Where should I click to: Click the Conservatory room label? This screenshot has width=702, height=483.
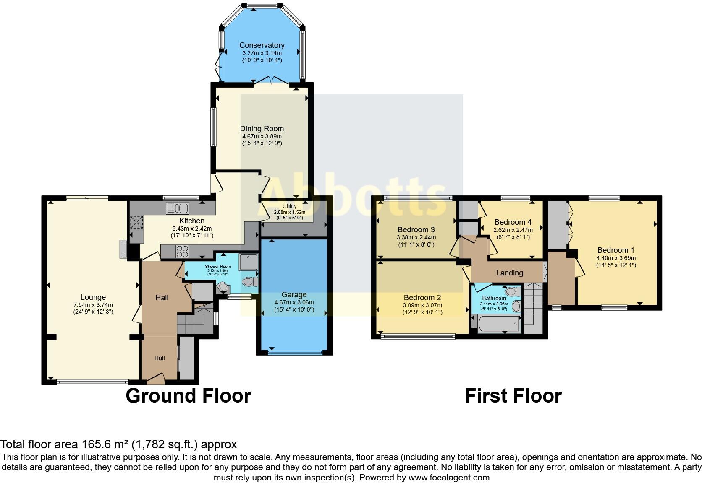click(262, 45)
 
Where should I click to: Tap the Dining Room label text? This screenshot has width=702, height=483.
click(262, 129)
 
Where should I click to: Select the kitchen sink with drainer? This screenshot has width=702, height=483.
click(177, 208)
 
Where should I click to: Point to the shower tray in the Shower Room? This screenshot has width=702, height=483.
click(248, 262)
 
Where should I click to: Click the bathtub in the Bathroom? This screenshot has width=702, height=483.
click(499, 323)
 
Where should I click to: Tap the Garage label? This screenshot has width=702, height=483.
click(294, 295)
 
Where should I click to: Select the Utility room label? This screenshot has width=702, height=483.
click(290, 206)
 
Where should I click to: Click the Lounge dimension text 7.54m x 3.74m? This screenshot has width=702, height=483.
click(93, 305)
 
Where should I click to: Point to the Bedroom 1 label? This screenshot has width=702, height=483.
click(616, 250)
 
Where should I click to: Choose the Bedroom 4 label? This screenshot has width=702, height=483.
click(513, 222)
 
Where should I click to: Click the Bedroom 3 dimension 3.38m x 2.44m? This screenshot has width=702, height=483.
click(416, 238)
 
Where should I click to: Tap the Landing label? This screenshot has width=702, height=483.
click(510, 273)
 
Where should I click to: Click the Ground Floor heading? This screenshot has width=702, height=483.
click(189, 396)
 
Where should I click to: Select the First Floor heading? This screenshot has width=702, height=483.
click(513, 396)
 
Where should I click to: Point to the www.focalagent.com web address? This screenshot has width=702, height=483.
click(449, 478)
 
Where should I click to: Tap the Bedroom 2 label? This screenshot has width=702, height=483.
click(422, 298)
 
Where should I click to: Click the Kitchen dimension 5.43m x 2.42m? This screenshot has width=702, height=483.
click(192, 229)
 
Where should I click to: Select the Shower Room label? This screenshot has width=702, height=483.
click(218, 267)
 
